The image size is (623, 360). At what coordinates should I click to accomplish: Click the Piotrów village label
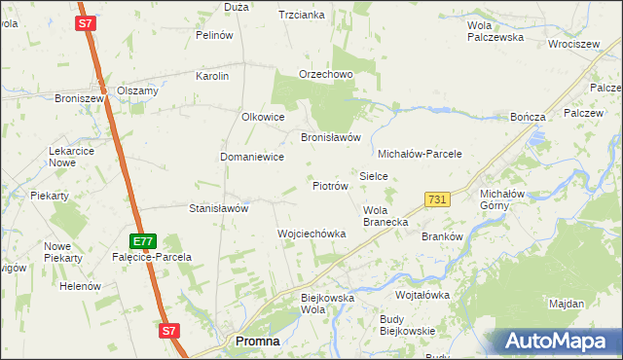[x=330, y=185]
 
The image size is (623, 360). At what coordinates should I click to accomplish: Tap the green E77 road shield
[x=143, y=240]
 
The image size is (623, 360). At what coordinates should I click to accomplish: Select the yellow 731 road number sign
[x=437, y=199]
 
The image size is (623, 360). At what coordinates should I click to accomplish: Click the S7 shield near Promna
[x=169, y=331]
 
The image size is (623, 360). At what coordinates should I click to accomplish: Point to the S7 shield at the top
[x=87, y=23]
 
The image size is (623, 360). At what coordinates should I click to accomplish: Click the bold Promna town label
[x=258, y=342]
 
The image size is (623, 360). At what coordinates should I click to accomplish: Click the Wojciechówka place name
[x=311, y=234]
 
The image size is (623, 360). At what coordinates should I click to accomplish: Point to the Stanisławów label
[x=219, y=208]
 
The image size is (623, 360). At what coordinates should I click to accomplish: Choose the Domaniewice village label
[x=251, y=157]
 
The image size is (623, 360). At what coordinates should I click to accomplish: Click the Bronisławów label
[x=331, y=137]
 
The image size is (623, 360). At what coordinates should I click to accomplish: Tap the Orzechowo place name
[x=325, y=75]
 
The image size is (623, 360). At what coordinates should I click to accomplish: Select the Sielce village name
[x=374, y=176]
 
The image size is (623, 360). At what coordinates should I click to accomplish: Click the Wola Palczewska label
[x=495, y=31]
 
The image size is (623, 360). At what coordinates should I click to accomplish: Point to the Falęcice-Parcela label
[x=154, y=257]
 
